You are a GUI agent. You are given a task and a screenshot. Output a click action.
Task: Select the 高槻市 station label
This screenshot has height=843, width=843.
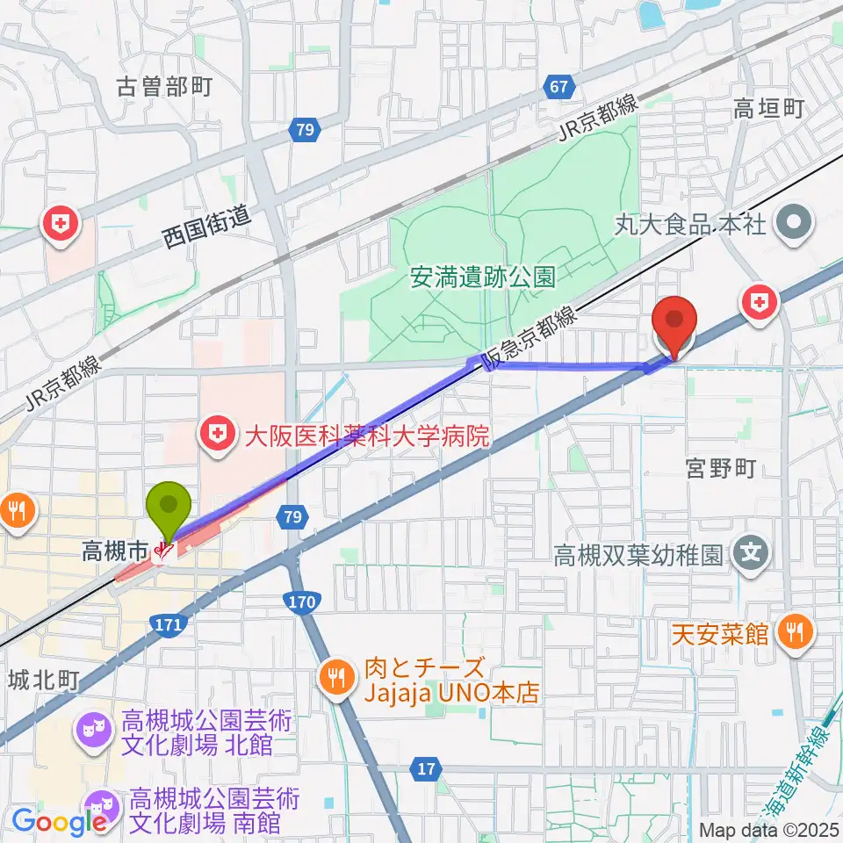(114, 551)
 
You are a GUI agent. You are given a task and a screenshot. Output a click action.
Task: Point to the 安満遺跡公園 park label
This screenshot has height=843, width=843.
(483, 278)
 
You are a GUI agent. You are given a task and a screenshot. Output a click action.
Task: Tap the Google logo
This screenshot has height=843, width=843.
(59, 822)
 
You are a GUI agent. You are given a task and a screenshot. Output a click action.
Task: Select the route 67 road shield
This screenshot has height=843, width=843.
(558, 87)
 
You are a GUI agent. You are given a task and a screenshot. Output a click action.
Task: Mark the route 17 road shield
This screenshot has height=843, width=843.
(427, 770)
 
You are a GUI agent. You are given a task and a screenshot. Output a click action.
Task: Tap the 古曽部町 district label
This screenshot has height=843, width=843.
(165, 87)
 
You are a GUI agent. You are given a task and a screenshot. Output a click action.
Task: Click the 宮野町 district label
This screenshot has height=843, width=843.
(722, 470)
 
